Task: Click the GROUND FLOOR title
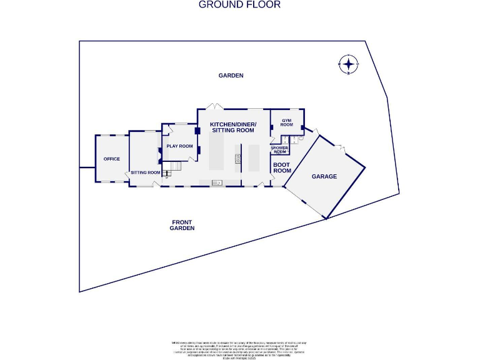(x=239, y=5)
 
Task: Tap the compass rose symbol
(x=349, y=64)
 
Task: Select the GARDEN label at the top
(x=231, y=76)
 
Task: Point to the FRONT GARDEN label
(x=182, y=226)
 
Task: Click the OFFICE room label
(x=112, y=159)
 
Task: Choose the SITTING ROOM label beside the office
(x=146, y=172)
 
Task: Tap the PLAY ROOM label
(x=179, y=146)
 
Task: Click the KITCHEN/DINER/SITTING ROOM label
(x=233, y=127)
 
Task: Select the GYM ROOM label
(x=286, y=122)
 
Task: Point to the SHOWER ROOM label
(x=279, y=150)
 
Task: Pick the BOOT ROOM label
(x=282, y=167)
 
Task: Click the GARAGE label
(x=324, y=177)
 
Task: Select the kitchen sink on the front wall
(x=217, y=183)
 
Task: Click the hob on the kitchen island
(x=238, y=159)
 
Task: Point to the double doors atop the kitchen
(x=214, y=106)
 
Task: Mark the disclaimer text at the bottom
(x=239, y=347)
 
